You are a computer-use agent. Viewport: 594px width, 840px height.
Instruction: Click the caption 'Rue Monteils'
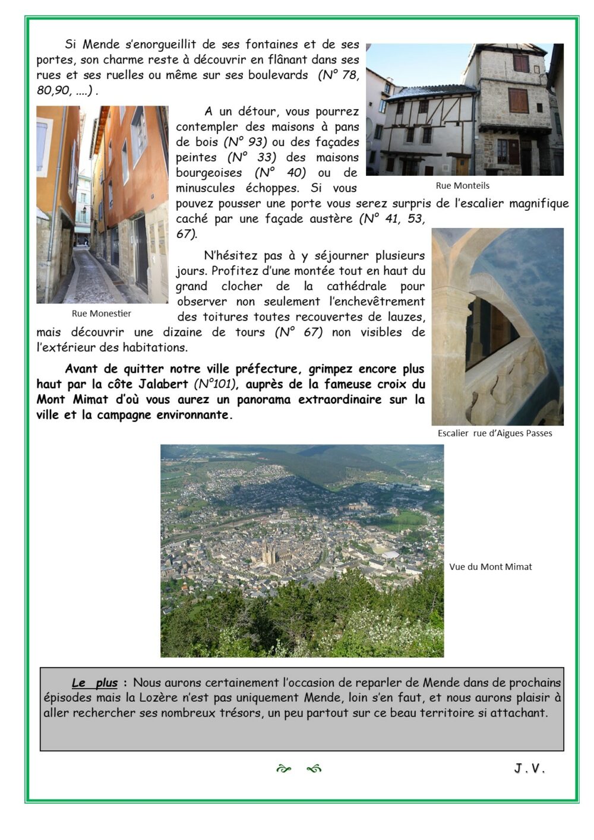462,186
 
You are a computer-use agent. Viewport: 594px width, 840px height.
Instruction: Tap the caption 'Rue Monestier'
101,313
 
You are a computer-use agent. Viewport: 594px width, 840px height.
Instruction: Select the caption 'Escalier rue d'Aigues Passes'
495,433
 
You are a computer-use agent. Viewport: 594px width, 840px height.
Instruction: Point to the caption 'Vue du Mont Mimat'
490,567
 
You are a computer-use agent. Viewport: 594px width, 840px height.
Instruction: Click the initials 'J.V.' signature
529,769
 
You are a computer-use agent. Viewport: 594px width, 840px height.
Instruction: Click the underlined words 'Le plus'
94,683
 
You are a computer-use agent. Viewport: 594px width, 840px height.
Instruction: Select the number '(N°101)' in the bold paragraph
215,384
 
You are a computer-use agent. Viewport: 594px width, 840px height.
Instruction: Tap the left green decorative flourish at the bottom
283,769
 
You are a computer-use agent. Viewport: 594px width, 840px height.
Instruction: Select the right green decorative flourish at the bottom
314,769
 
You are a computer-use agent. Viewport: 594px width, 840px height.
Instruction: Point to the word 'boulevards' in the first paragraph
278,75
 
